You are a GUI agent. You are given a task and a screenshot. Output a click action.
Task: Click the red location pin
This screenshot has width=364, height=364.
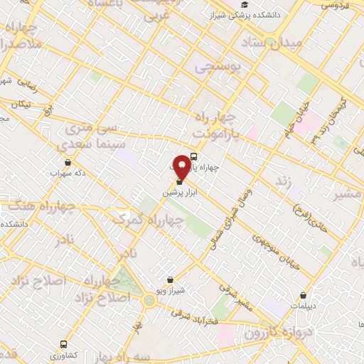[x=183, y=166]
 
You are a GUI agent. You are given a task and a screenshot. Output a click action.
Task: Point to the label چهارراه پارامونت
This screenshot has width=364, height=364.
[x=218, y=124]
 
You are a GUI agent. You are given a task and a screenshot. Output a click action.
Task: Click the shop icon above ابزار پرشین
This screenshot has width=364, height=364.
[x=178, y=183]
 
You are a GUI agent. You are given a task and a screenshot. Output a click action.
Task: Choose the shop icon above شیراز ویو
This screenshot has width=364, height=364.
[x=169, y=279]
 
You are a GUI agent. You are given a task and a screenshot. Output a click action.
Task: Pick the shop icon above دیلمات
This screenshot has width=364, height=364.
[x=304, y=295]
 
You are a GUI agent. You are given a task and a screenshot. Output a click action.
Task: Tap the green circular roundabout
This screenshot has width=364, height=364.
[x=149, y=301]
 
